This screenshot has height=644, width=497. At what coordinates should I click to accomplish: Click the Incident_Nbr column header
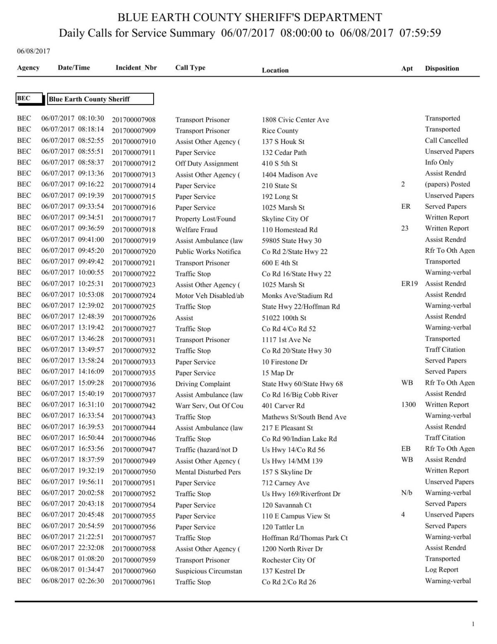(136, 68)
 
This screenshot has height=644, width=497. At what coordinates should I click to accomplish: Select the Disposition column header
(442, 68)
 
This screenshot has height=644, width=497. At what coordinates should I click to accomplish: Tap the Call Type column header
(190, 68)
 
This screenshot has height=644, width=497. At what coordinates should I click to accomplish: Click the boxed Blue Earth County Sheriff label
(100, 99)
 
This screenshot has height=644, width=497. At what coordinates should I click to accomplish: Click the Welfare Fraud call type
(196, 230)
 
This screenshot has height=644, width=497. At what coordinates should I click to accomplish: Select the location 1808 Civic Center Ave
(295, 120)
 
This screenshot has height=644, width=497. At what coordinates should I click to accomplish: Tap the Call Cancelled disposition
(446, 140)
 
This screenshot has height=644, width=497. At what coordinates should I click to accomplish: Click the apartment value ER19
(409, 284)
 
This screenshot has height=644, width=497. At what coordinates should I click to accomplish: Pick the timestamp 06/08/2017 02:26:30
(72, 581)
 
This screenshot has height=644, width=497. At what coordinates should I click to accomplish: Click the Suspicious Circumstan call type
(208, 571)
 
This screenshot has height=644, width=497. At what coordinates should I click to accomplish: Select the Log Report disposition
(442, 570)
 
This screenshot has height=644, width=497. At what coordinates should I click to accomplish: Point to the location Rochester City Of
(288, 560)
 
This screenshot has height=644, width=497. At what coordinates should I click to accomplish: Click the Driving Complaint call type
(203, 384)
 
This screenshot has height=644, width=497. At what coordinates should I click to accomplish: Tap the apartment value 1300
(408, 404)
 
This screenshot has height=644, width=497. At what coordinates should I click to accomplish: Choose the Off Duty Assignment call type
(207, 164)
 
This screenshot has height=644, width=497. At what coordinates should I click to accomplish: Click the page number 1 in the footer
(473, 624)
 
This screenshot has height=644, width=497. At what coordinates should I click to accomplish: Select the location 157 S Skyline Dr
(287, 472)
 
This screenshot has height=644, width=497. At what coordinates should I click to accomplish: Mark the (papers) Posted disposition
(447, 184)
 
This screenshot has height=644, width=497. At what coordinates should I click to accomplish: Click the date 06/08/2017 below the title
(34, 51)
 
